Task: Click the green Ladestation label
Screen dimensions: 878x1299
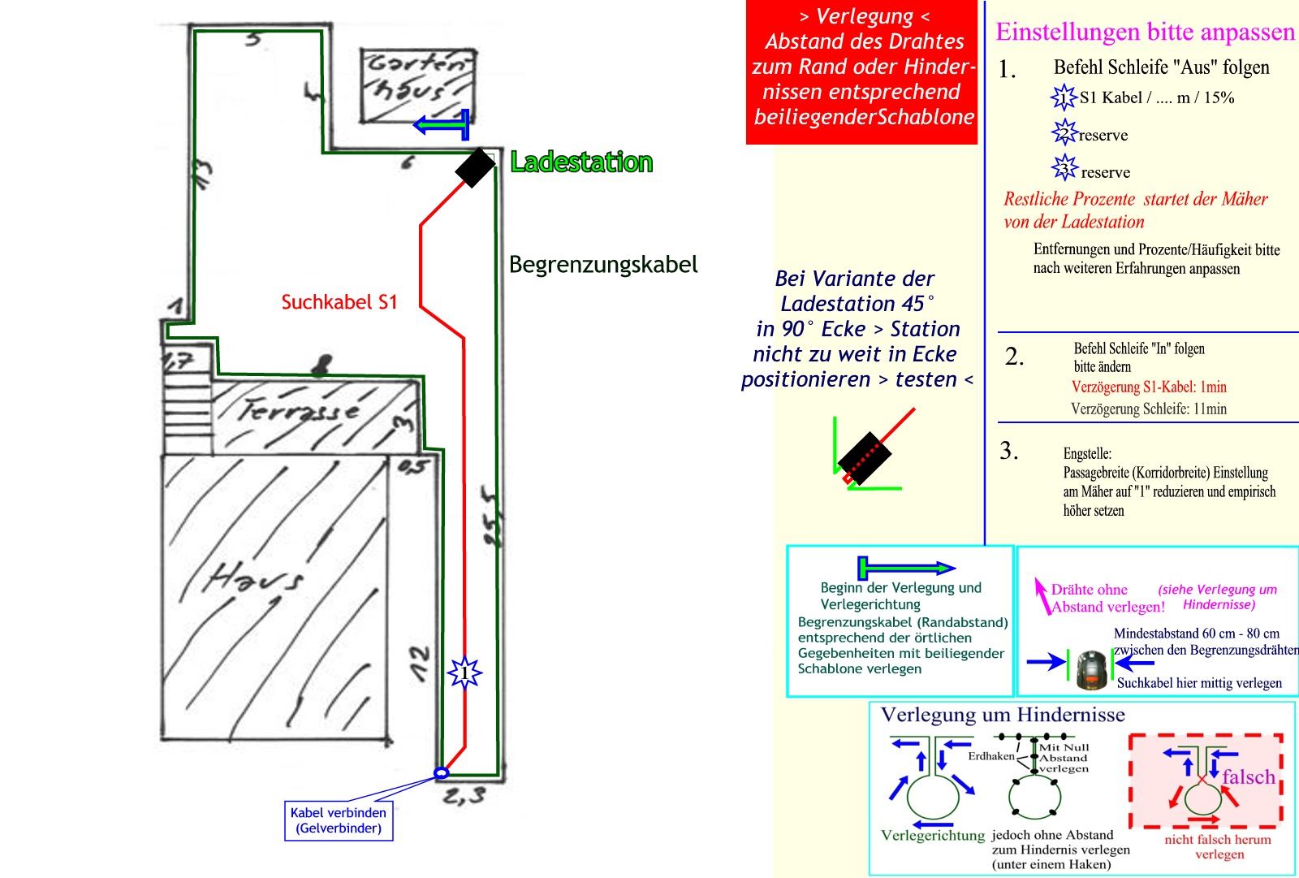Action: point(581,162)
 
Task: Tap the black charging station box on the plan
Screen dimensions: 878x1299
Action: point(475,168)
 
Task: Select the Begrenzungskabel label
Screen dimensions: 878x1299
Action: point(603,265)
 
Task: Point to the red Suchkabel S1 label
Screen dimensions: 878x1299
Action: point(339,302)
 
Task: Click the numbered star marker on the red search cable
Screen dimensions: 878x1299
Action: point(464,673)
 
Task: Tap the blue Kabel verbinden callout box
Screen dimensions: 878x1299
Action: point(339,820)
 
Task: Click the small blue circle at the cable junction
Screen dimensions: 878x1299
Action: point(441,773)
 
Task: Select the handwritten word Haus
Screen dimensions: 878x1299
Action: point(255,578)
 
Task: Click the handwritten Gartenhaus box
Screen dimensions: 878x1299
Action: point(418,85)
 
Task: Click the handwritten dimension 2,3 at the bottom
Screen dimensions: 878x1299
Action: point(464,797)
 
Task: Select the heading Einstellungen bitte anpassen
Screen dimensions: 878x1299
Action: point(1145,32)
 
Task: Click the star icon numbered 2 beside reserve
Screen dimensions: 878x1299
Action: point(1064,133)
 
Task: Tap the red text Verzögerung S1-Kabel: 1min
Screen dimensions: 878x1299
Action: point(1149,387)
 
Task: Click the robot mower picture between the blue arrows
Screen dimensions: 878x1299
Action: point(1091,669)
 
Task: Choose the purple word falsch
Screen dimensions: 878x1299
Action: point(1248,777)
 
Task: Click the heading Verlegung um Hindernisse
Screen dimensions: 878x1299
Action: point(1003,715)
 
